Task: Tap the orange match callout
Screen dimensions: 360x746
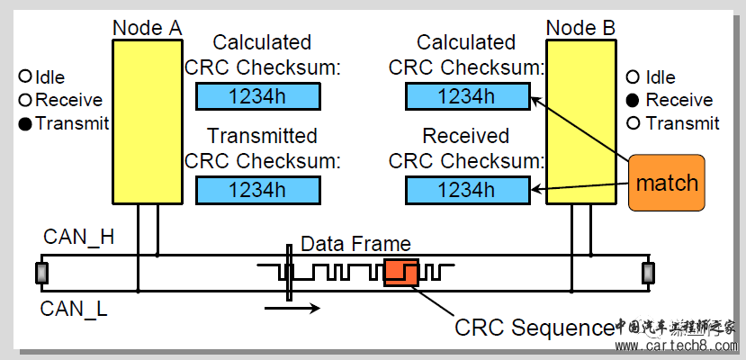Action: point(666,184)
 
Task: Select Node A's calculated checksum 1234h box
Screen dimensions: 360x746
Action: point(257,96)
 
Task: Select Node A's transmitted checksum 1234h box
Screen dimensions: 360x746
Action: point(257,190)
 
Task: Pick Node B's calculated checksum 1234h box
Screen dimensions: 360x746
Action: point(465,96)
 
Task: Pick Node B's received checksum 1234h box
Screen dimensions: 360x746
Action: point(465,190)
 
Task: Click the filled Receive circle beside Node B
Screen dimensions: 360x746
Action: point(634,100)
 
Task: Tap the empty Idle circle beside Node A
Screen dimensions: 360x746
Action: point(25,76)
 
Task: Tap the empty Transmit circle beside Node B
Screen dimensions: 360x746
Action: point(634,123)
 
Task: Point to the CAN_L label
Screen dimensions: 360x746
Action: point(75,310)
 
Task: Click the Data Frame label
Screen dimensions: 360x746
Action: point(355,244)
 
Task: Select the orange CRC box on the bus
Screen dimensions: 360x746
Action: point(400,272)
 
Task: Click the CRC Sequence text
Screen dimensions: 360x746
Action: point(534,328)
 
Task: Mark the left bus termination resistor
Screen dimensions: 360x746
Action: point(40,273)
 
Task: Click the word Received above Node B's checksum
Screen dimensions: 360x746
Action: point(466,137)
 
